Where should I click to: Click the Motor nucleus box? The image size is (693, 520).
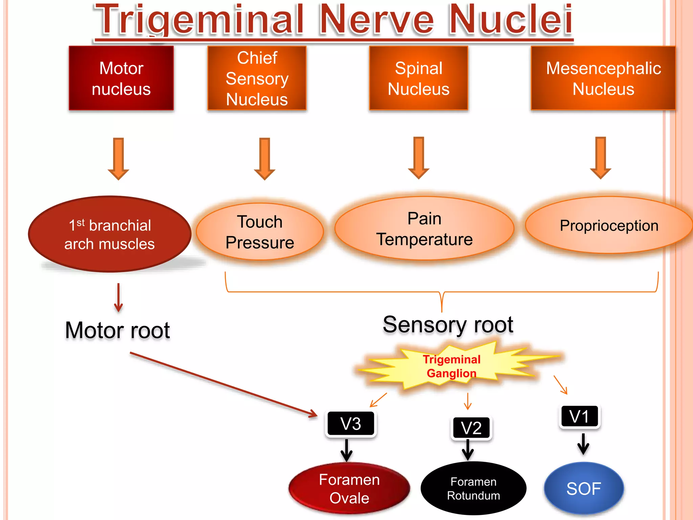[x=121, y=78]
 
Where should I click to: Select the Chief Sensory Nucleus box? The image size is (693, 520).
[x=257, y=78]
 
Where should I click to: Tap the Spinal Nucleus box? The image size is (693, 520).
[x=419, y=78]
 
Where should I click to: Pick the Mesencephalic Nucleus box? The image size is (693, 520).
[x=603, y=78]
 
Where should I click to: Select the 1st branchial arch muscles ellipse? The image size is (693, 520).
[x=110, y=234]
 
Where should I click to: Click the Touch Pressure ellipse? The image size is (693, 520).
[x=260, y=232]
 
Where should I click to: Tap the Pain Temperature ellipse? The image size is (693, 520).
[x=424, y=229]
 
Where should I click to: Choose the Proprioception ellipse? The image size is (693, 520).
[x=609, y=225]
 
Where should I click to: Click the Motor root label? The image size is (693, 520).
[x=117, y=330]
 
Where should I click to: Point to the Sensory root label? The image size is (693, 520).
[x=448, y=325]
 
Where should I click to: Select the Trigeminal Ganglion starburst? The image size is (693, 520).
[x=451, y=366]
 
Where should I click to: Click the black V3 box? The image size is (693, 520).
[x=351, y=424]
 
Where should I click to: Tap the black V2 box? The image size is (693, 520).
[x=471, y=428]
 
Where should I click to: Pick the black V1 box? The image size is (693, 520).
[x=579, y=416]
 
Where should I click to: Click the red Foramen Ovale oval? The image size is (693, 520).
[x=349, y=489]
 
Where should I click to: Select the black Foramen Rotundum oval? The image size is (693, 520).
[x=473, y=489]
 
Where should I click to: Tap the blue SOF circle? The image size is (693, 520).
[x=584, y=489]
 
